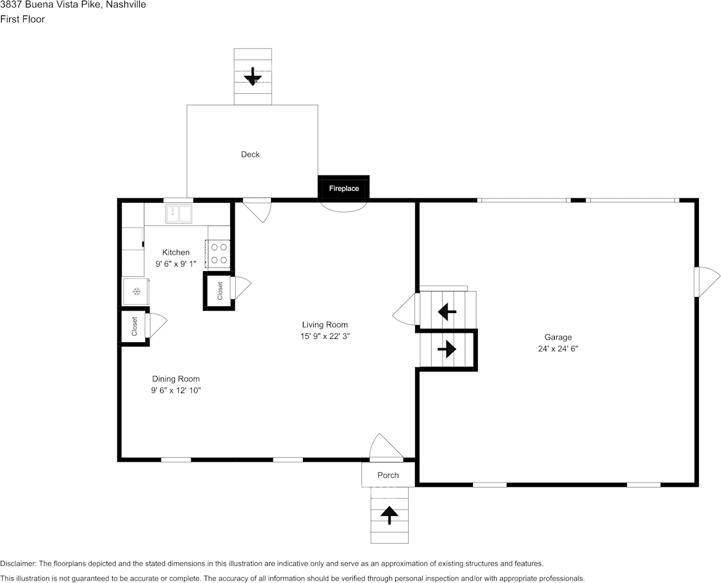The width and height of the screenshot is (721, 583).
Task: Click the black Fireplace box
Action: point(344,188)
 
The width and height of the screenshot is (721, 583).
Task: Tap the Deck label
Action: point(250,155)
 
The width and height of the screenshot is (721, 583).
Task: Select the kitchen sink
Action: point(179,214)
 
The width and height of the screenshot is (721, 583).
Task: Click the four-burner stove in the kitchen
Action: point(218,253)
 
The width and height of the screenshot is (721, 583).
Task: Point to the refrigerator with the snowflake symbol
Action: point(136,291)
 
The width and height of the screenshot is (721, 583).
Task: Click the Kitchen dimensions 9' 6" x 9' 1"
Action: point(176,264)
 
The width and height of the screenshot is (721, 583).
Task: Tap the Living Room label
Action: point(324,324)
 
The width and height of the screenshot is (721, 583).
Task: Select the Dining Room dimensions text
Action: point(176,391)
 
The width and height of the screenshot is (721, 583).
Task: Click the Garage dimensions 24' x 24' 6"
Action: point(558,349)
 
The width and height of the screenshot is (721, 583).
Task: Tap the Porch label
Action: point(388,475)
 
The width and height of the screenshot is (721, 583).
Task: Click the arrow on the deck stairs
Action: point(252,76)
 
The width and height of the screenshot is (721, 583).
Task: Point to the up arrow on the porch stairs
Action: point(390,515)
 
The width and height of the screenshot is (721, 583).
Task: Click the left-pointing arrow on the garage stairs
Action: point(447,311)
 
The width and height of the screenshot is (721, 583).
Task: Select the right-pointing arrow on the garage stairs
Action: point(447,349)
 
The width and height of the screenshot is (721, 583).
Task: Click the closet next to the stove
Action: point(219,291)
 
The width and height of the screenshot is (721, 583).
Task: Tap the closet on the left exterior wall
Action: point(134,327)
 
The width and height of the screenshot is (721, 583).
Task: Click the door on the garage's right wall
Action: point(707,282)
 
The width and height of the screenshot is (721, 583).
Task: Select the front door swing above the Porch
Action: point(386,447)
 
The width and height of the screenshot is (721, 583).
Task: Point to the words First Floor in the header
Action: point(23,19)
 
